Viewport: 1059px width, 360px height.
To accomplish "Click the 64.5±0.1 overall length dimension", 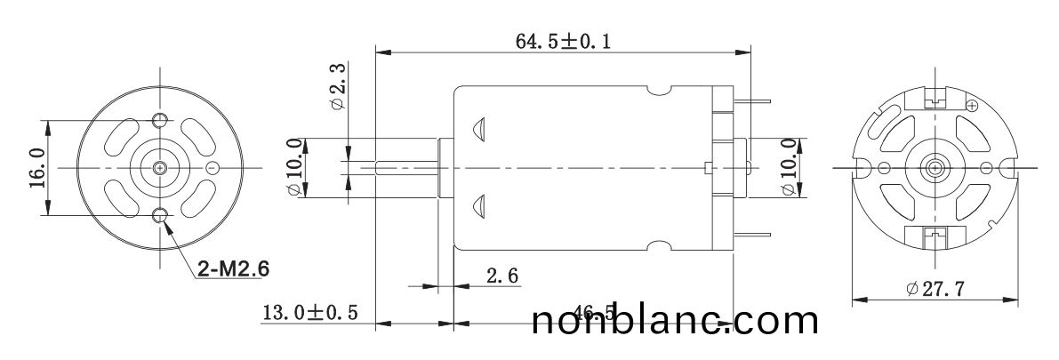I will click(x=564, y=41).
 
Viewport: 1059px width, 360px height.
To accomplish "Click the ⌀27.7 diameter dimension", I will click(x=935, y=290).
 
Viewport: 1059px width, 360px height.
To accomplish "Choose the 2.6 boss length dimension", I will click(x=502, y=276).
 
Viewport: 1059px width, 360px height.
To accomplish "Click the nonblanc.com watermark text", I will click(x=675, y=321).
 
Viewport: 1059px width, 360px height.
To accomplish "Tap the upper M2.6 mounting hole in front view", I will click(x=160, y=121).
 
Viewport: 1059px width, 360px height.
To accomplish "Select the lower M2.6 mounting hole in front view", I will click(x=160, y=214).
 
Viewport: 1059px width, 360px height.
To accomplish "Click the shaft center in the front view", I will click(x=160, y=168).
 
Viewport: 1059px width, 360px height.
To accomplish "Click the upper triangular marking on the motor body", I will click(x=477, y=129).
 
